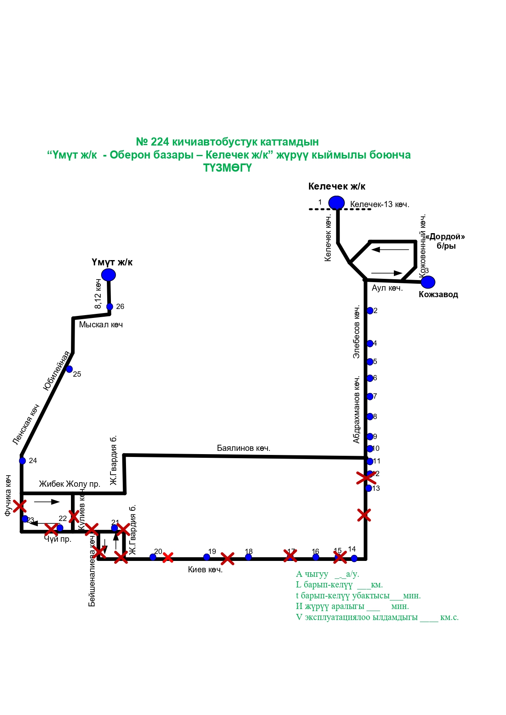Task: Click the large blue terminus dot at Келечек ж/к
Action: tap(337, 203)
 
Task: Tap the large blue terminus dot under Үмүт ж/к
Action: tap(108, 275)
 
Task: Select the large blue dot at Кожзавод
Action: tap(428, 282)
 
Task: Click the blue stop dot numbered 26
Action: tap(110, 307)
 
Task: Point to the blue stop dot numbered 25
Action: tap(69, 369)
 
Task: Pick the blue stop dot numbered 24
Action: tap(22, 461)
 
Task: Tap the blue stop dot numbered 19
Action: tap(207, 557)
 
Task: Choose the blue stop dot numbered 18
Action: tap(248, 557)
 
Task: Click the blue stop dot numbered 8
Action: tap(370, 417)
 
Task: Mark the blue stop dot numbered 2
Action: tap(370, 311)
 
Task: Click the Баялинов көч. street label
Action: tap(243, 448)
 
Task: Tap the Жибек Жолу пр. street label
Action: tap(69, 484)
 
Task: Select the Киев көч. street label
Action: tap(205, 570)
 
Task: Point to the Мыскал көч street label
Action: tap(101, 325)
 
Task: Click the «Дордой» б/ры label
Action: tap(445, 241)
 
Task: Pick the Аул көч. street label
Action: tap(387, 288)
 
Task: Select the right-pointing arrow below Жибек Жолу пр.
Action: tap(47, 502)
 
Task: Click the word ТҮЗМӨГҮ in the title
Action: tap(228, 168)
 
